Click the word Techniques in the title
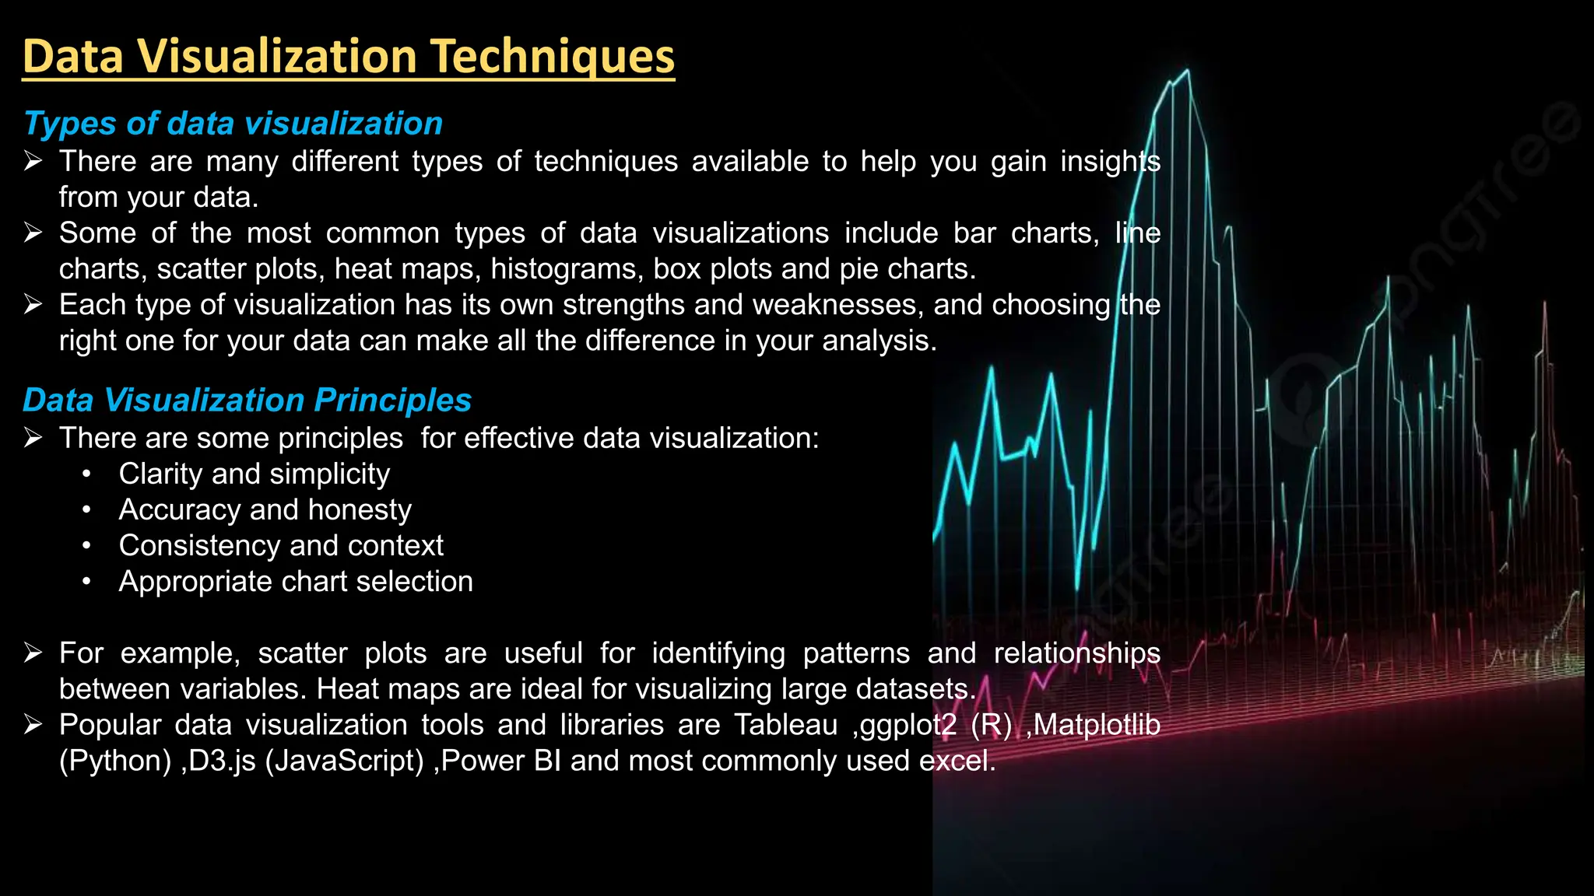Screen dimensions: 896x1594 552,57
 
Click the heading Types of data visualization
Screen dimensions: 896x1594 233,124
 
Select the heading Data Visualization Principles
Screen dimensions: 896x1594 247,400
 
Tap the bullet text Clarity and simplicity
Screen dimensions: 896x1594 254,474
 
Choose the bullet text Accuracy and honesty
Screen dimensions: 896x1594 265,509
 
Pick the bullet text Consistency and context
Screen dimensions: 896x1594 280,545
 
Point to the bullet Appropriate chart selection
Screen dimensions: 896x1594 295,581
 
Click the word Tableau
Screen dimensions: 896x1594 785,724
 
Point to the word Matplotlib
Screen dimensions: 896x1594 1097,724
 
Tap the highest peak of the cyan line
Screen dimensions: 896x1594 1188,71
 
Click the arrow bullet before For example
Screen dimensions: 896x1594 33,653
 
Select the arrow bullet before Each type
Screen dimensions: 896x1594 33,304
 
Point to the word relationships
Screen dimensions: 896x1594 1076,653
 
